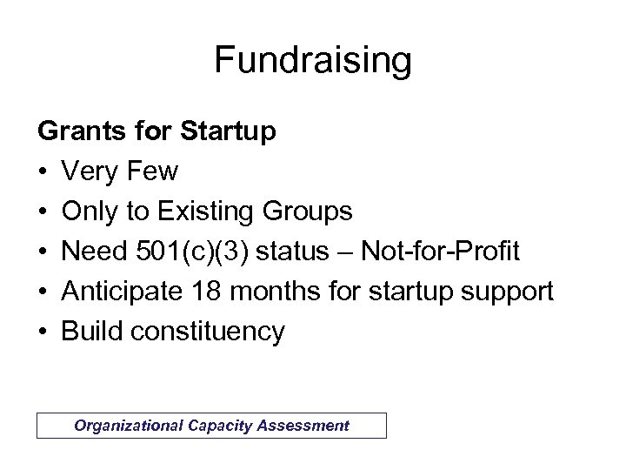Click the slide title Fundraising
click(x=312, y=62)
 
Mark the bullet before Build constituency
click(x=42, y=332)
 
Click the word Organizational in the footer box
click(x=127, y=426)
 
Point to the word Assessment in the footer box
click(x=304, y=426)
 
